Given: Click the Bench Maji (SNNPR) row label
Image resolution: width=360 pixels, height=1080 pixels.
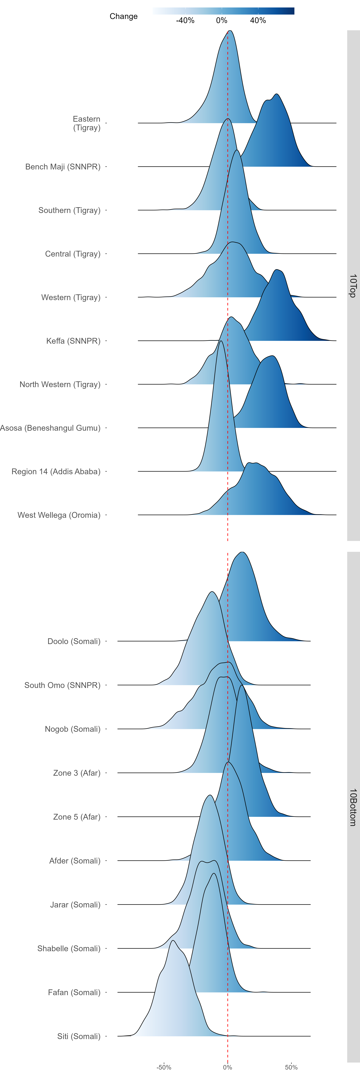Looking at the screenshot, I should pos(63,167).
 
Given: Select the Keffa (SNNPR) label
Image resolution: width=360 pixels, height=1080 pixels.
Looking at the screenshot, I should pos(73,341).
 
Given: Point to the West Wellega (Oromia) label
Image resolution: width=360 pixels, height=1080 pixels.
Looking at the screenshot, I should pos(59,515).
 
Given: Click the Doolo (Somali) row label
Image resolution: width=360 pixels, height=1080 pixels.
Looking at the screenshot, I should pos(74,641).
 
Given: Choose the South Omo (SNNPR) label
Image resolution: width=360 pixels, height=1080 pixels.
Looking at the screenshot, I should pos(62,685).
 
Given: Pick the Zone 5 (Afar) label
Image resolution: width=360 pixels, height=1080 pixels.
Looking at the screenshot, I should pos(77,817).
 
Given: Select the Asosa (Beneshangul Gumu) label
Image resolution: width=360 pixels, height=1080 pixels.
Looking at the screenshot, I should pos(50,428).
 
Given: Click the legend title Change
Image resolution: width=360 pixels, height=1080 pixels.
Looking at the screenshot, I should pos(124,16).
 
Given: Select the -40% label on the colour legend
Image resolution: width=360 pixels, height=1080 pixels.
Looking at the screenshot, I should pos(185,21).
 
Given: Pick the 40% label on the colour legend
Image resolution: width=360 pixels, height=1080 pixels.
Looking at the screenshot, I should pos(258,21).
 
